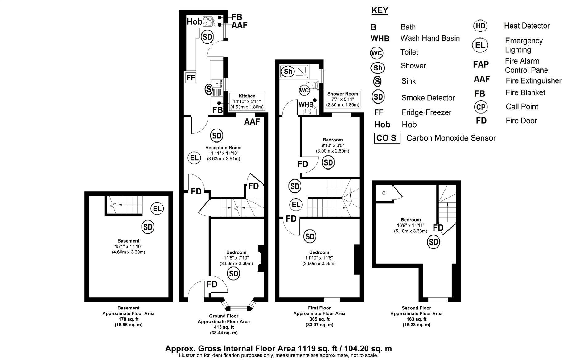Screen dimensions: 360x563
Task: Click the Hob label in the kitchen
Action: tap(195, 22)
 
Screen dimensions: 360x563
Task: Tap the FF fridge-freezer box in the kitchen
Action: tap(191, 77)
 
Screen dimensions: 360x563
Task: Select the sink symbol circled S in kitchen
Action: tap(209, 90)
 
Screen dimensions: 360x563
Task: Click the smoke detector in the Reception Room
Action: tap(217, 136)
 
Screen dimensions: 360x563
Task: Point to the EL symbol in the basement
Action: tap(157, 209)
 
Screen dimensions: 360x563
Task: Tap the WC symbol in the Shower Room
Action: tap(304, 91)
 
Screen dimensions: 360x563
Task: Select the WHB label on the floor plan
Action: tap(306, 104)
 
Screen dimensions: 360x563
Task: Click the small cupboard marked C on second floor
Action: tap(384, 193)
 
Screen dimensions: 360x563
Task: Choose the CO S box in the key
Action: tap(387, 138)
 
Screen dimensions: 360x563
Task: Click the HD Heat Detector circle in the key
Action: tap(480, 26)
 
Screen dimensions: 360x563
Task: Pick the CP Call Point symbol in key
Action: tap(481, 107)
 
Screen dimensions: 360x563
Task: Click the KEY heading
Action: tap(380, 10)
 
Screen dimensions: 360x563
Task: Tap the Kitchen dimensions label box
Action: tap(247, 102)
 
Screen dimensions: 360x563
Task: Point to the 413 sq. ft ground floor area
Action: tap(224, 327)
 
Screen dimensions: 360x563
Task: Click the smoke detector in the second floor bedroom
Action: tap(433, 242)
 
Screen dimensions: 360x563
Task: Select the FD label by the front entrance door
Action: tap(212, 284)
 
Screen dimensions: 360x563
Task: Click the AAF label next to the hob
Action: tap(239, 25)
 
